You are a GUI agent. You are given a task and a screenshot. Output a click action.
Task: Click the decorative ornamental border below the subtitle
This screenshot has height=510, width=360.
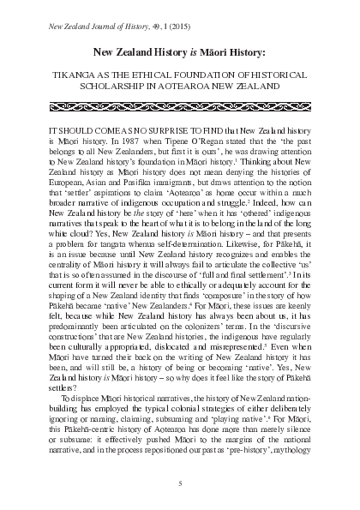(180, 107)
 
